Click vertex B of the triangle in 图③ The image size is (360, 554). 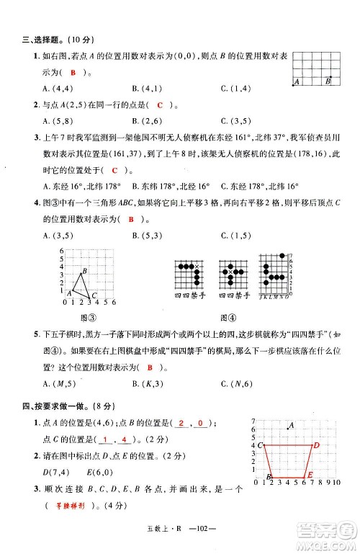coord(84,271)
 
